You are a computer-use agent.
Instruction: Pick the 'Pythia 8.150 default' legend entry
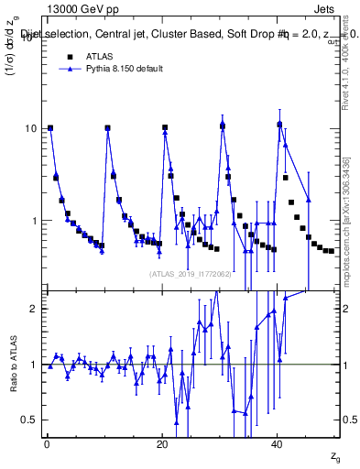(x=120, y=69)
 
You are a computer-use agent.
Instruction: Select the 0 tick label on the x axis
(x=46, y=444)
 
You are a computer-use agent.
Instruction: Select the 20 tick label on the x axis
(x=162, y=444)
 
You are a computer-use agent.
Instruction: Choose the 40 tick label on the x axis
(x=278, y=444)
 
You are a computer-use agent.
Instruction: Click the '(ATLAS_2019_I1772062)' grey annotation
(x=189, y=273)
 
